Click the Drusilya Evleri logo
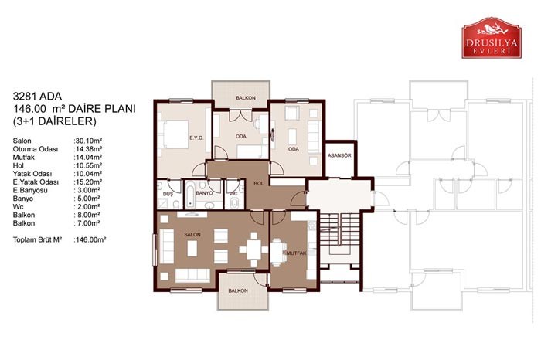[492, 38]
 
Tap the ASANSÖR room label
[339, 155]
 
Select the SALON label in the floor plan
[192, 235]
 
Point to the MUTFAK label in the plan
[296, 253]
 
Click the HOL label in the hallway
[258, 183]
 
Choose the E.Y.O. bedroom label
[196, 138]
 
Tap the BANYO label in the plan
[204, 193]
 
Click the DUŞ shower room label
[168, 194]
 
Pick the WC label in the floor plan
[233, 194]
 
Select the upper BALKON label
[246, 98]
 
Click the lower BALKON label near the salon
[238, 290]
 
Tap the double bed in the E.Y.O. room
[174, 134]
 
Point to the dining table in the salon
[253, 249]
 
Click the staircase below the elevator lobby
[339, 229]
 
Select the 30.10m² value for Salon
[87, 141]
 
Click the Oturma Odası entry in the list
[36, 149]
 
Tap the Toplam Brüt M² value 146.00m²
[90, 239]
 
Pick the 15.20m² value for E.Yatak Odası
[87, 182]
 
